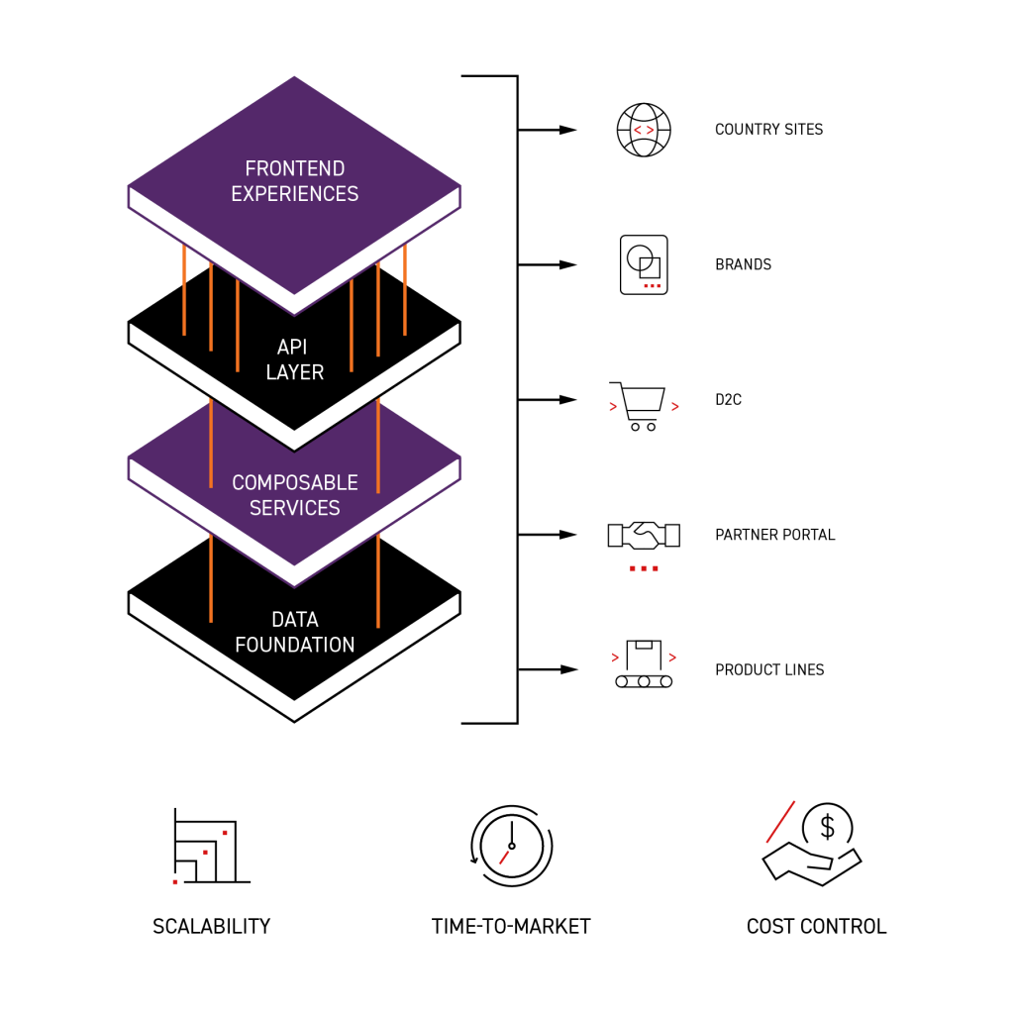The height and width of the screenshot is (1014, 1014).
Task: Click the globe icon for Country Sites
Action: coord(644,130)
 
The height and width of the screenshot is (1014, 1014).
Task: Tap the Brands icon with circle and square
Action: coord(644,264)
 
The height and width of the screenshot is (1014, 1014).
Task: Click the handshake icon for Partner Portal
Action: coord(644,535)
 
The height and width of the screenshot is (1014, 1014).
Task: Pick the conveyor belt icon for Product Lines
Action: coord(644,665)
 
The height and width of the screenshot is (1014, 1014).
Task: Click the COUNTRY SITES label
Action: coord(768,130)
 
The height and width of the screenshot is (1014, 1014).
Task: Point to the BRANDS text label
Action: coord(743,265)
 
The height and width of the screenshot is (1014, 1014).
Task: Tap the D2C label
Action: coord(729,400)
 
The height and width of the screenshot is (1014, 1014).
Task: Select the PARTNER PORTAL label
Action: coord(774,535)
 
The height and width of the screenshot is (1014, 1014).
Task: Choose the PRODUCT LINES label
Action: coord(769,670)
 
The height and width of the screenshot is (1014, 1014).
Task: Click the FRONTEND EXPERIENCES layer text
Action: coord(295,181)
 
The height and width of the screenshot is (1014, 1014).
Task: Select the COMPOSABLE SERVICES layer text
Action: coord(295,495)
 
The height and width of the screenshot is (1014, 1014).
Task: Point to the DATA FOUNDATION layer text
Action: coord(295,632)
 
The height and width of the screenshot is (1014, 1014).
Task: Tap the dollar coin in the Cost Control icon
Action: coord(828,825)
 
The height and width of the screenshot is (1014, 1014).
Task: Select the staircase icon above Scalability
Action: coord(208,848)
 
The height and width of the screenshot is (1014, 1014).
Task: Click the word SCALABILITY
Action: coord(211,927)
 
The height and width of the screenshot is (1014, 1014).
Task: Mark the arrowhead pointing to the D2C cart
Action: coord(568,400)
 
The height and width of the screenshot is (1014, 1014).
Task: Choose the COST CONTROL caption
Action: coord(816,927)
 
